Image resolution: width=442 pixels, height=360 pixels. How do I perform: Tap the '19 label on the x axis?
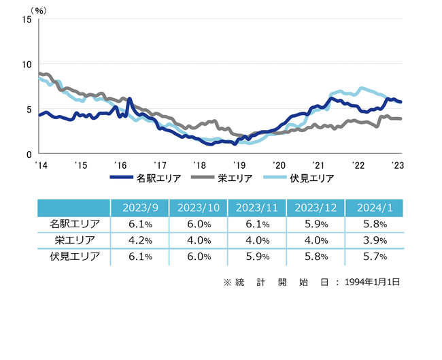tap(239, 165)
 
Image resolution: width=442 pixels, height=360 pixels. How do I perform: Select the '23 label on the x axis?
tap(398, 165)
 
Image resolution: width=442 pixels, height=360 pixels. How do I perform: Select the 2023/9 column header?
tap(139, 208)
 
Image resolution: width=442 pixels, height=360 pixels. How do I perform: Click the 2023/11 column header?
tap(257, 208)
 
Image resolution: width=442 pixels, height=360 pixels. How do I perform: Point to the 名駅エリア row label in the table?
tap(74, 224)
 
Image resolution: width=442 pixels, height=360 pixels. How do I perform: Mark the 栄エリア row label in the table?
tap(74, 240)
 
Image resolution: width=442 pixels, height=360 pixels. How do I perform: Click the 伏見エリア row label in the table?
tap(74, 257)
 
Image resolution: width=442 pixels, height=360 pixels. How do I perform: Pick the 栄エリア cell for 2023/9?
tap(139, 240)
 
